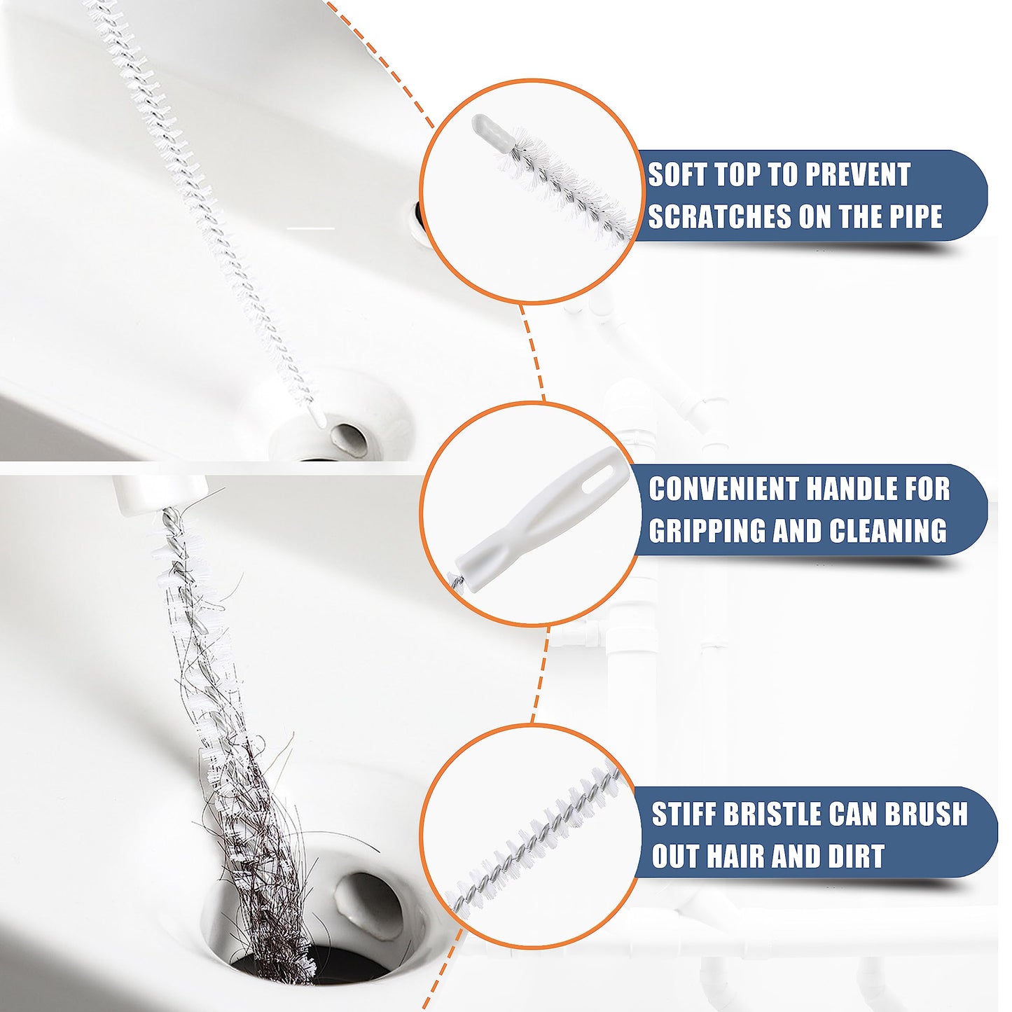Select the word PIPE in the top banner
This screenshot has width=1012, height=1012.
tap(916, 217)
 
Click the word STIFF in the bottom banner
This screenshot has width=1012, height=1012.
tap(683, 814)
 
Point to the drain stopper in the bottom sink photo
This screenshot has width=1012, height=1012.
tap(368, 903)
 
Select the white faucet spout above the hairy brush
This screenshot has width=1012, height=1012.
tap(161, 494)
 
